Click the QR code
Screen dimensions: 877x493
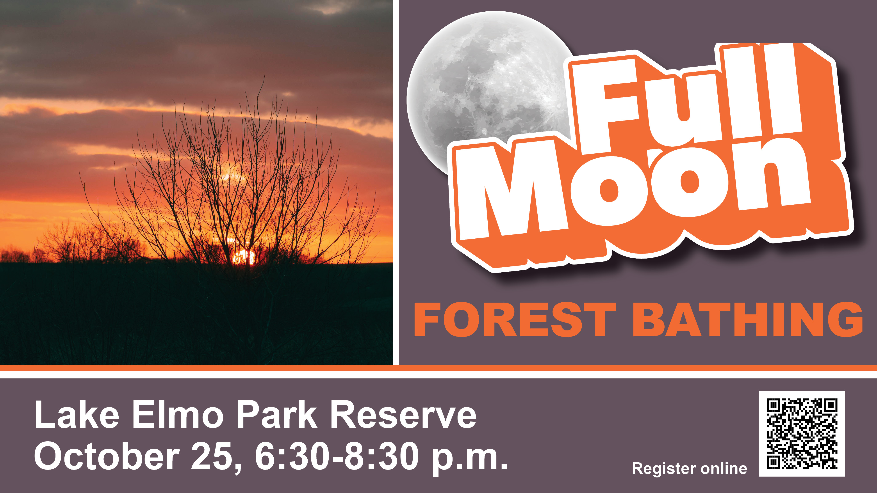[802, 433]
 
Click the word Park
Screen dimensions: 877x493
[277, 414]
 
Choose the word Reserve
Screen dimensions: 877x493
[403, 414]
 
